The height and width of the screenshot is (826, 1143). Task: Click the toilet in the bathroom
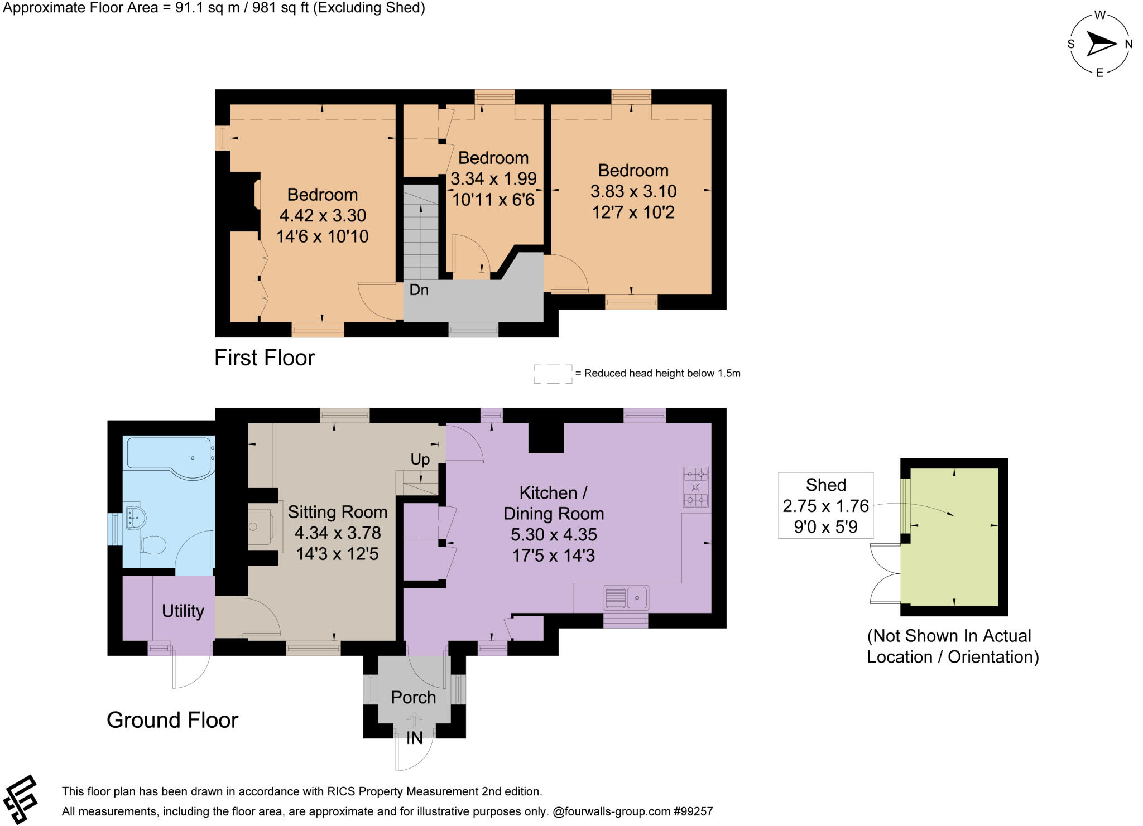click(x=152, y=544)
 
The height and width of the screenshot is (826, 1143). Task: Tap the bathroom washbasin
click(x=136, y=518)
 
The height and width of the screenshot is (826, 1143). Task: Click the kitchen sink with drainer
click(x=626, y=598)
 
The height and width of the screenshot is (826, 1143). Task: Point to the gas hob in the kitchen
click(x=695, y=487)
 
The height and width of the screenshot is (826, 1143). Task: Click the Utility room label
click(x=183, y=611)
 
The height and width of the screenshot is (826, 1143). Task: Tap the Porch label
click(x=413, y=698)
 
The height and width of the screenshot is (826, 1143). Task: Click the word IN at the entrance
click(x=414, y=738)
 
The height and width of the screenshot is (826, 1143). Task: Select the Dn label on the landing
click(x=419, y=290)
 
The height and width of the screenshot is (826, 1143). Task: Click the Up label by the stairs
click(x=420, y=460)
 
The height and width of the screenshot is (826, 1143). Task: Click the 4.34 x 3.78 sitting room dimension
click(x=337, y=533)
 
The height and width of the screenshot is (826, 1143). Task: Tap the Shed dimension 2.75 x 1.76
click(x=825, y=506)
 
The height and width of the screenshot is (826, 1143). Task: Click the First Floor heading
click(x=265, y=358)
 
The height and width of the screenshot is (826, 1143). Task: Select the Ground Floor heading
click(x=172, y=721)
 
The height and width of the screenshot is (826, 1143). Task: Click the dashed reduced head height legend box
click(x=553, y=374)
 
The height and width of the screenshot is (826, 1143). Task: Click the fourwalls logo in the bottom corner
click(x=20, y=800)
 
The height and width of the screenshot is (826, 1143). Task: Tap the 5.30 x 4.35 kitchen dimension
click(x=554, y=535)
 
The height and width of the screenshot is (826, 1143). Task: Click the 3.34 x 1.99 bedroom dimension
click(x=493, y=179)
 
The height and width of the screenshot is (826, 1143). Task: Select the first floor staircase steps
click(x=421, y=234)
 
